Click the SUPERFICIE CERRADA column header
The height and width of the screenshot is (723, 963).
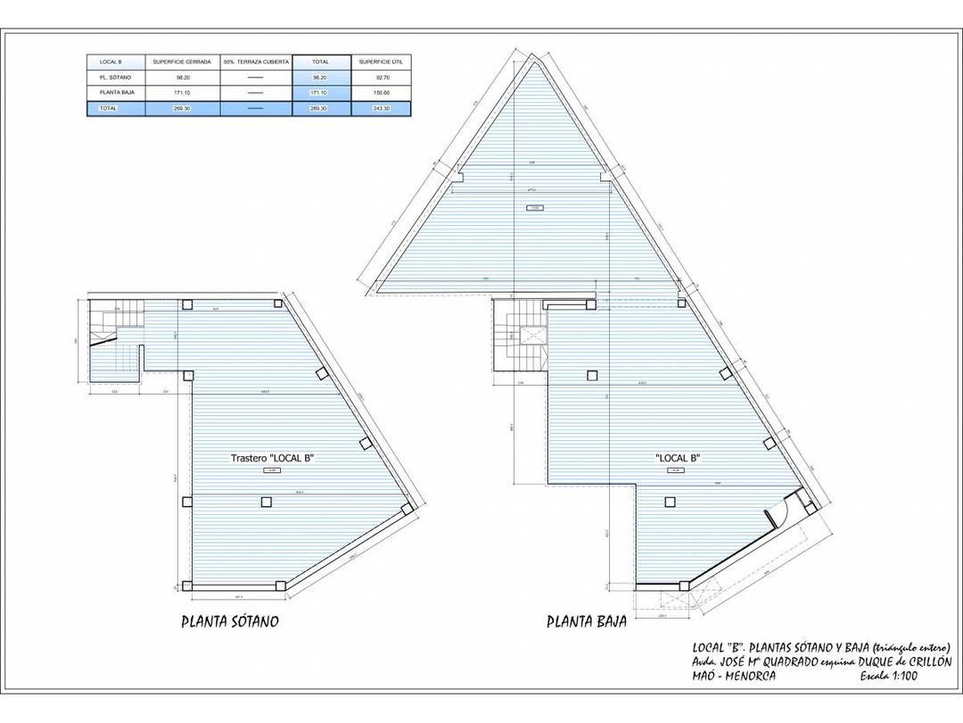tap(182, 62)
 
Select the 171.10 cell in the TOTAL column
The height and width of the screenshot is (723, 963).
tap(321, 93)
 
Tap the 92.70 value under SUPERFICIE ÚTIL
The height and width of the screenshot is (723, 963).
tap(381, 78)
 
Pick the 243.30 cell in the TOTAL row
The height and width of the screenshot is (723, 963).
tap(381, 108)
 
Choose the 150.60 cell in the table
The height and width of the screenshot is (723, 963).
tap(381, 93)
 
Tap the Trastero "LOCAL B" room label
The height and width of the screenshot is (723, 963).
tap(272, 458)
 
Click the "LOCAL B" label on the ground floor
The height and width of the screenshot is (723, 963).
tap(677, 458)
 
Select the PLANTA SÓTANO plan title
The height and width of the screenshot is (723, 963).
tap(229, 621)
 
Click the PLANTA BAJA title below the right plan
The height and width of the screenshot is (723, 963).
tap(586, 621)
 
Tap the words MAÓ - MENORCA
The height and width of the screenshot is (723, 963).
tap(734, 677)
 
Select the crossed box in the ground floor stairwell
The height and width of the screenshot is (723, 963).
tap(533, 337)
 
